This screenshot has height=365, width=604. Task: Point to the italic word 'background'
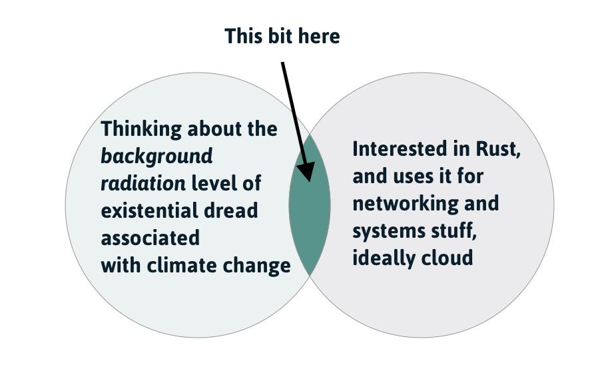click(156, 156)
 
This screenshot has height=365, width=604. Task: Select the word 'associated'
click(150, 238)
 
